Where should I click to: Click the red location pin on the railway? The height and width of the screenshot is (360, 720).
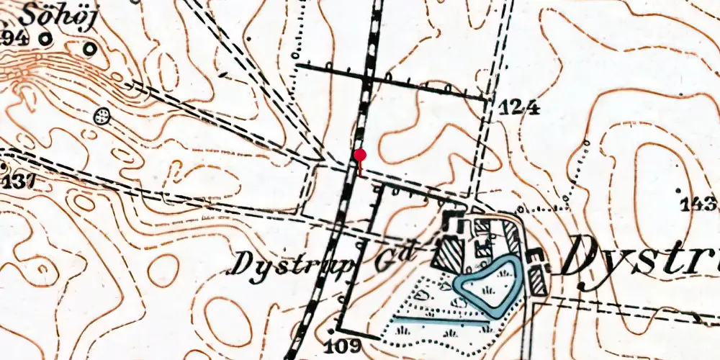360,155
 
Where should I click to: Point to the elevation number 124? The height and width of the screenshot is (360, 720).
518,109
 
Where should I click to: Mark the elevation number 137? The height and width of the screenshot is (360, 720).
18,181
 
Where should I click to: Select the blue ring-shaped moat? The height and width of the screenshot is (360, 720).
487,285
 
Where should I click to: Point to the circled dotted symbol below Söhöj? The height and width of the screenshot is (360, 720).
103,115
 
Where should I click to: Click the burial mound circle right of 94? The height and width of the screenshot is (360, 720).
89,48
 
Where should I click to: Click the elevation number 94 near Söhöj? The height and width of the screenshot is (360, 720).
14,39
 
